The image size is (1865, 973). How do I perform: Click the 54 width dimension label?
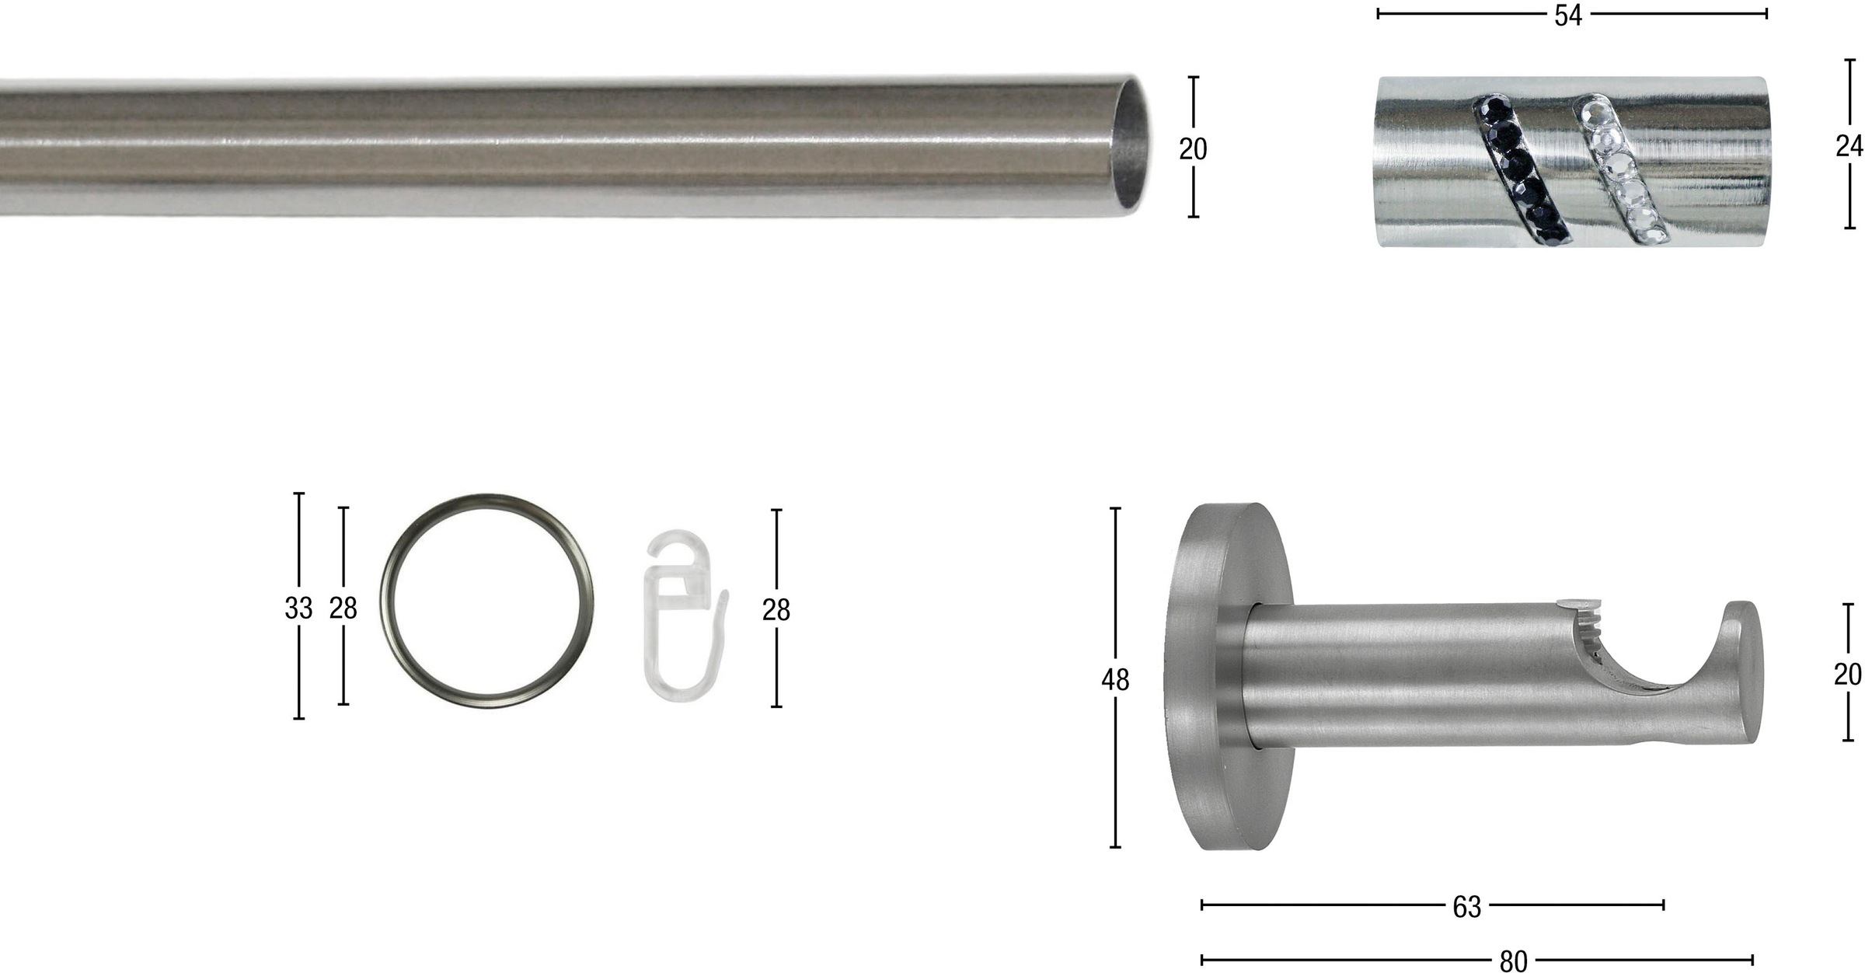point(1567,16)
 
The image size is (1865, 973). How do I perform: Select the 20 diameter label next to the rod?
point(1193,148)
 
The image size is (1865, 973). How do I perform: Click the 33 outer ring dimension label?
point(298,608)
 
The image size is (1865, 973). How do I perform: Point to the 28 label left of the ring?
point(343,608)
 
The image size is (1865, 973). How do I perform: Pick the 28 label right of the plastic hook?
point(776,610)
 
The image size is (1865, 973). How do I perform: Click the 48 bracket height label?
point(1115,680)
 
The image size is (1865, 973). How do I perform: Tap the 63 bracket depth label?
point(1466,907)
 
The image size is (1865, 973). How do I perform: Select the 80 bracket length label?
point(1513,961)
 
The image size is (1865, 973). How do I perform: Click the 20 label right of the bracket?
point(1848,675)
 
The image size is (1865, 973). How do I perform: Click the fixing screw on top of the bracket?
point(1578,603)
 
